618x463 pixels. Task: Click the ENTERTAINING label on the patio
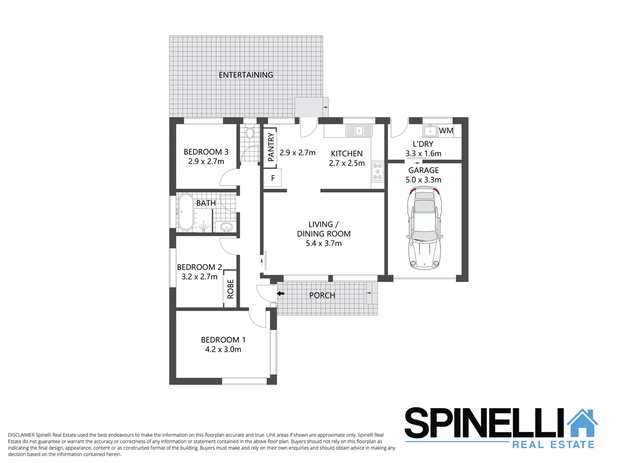pos(246,75)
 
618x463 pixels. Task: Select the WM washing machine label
pos(446,131)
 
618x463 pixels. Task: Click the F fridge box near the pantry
pos(273,178)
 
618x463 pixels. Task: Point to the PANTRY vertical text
pos(271,147)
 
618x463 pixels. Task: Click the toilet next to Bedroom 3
pos(250,132)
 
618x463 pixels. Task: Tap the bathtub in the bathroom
pos(186,212)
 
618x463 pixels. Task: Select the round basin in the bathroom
pos(226,227)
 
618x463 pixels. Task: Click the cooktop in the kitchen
pos(377,171)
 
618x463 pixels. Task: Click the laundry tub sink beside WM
pos(430,131)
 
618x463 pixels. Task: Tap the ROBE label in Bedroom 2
pos(230,289)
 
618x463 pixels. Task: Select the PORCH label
pos(322,295)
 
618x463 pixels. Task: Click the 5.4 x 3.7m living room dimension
pos(323,244)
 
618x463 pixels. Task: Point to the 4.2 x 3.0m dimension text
pos(223,349)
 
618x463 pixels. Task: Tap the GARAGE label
pos(423,170)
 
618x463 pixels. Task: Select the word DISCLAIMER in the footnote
pos(21,435)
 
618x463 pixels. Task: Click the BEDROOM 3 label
pos(206,152)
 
